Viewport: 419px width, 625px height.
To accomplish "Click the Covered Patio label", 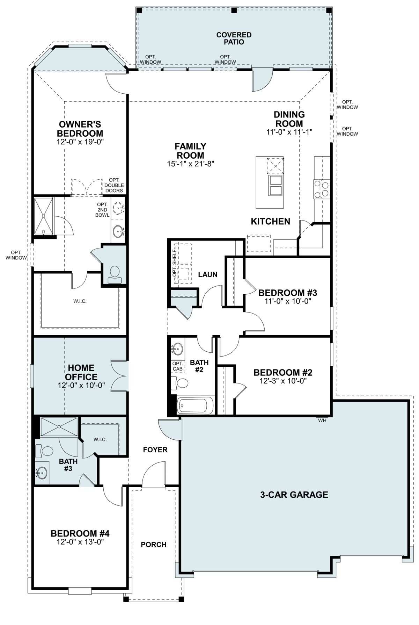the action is pos(234,38).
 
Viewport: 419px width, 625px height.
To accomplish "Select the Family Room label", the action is pos(190,151).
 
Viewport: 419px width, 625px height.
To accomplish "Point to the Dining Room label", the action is pos(289,119).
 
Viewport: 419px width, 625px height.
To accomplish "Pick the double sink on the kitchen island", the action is pos(275,185).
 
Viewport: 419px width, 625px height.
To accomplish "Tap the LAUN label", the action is pos(208,274).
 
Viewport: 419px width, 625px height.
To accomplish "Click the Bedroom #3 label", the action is pos(288,293).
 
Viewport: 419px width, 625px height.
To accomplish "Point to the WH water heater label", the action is pos(322,421).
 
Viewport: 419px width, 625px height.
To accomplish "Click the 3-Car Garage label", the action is pos(294,495).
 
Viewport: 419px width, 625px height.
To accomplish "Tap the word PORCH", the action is pos(154,544).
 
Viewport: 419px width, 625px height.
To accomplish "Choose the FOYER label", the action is pos(155,450).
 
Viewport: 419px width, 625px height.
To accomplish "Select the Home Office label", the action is pos(81,372).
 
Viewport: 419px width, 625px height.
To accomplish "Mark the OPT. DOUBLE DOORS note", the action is pos(114,185).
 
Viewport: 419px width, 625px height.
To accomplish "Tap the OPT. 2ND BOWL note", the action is pos(102,210).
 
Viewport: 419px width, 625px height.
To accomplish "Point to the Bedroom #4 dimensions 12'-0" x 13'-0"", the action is pos(80,542).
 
